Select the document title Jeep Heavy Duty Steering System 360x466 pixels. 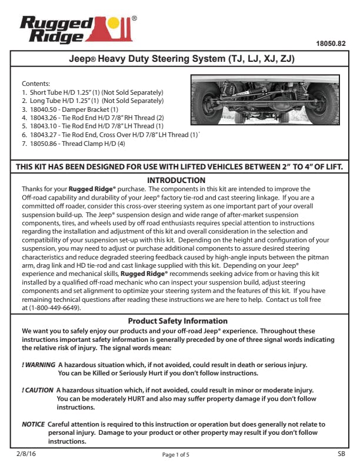coord(182,60)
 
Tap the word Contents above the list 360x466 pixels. coord(36,84)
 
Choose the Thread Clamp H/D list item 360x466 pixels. coord(74,143)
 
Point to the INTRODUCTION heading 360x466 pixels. coord(176,180)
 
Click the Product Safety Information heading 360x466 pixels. coord(178,321)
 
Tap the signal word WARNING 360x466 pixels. coord(38,365)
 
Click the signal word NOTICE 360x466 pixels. coord(33,424)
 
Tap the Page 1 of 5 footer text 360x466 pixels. coord(176,455)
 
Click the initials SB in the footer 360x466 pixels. coord(342,454)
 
